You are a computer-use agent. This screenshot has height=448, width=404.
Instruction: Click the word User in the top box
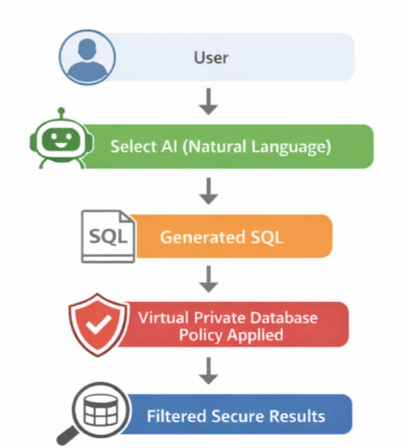[211, 57]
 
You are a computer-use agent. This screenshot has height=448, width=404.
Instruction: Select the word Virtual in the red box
[162, 316]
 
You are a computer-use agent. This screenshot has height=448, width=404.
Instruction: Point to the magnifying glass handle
[66, 439]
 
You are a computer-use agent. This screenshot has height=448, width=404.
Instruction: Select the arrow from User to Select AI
[208, 102]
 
